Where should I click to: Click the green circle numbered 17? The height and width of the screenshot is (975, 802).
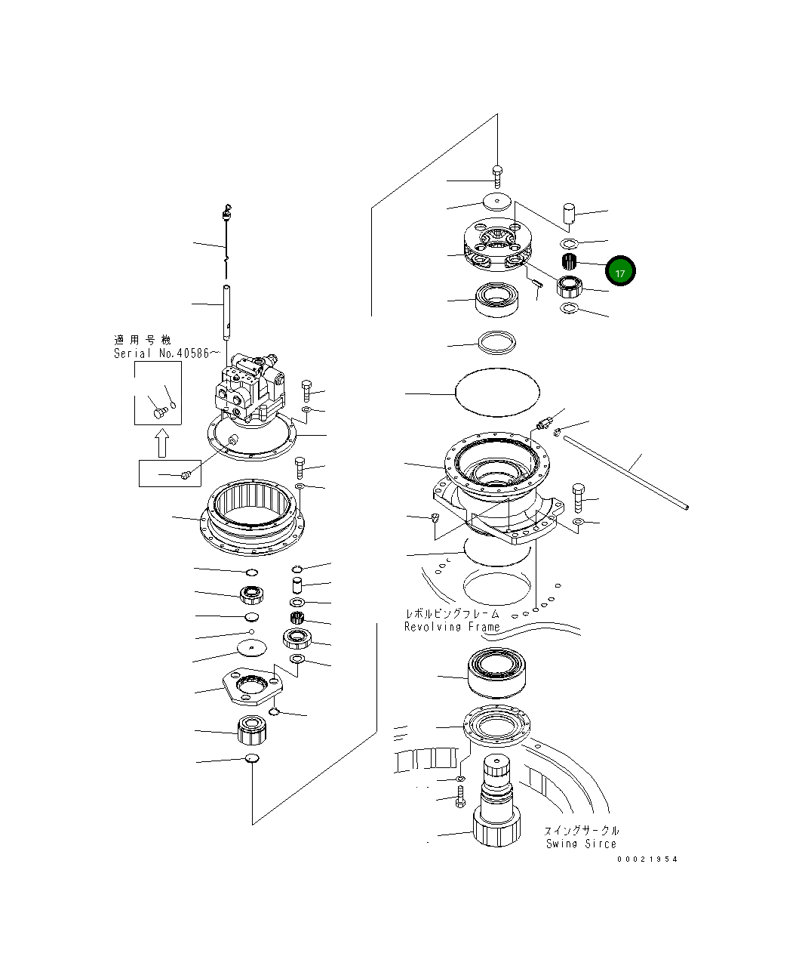[619, 273]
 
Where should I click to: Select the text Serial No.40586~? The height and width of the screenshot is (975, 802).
[167, 353]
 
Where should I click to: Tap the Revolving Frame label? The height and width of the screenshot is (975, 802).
[452, 627]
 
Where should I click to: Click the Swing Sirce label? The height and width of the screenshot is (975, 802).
[581, 844]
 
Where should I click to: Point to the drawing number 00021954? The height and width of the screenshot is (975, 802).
[647, 859]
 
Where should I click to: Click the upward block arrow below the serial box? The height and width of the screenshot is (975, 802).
[160, 443]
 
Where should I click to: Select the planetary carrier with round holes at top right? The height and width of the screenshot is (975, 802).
[498, 247]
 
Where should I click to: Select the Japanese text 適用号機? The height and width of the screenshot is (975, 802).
[143, 340]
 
